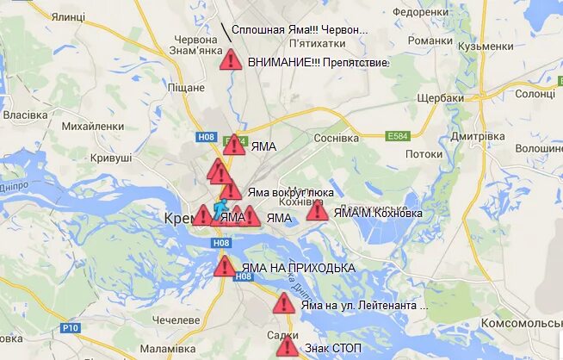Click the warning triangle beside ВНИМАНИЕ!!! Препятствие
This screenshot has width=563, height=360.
(230, 60)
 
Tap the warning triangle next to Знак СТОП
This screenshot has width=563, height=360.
(287, 348)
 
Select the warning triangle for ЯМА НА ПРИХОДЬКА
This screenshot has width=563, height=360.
(225, 266)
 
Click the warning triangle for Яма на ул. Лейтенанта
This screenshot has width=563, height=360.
(284, 304)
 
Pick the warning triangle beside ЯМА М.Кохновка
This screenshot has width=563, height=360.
(317, 211)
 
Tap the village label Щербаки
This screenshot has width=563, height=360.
(441, 97)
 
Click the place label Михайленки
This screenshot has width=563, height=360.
(93, 127)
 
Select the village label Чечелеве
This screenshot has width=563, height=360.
(175, 320)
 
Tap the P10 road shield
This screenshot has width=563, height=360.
(71, 327)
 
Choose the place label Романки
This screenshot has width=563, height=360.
(430, 40)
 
